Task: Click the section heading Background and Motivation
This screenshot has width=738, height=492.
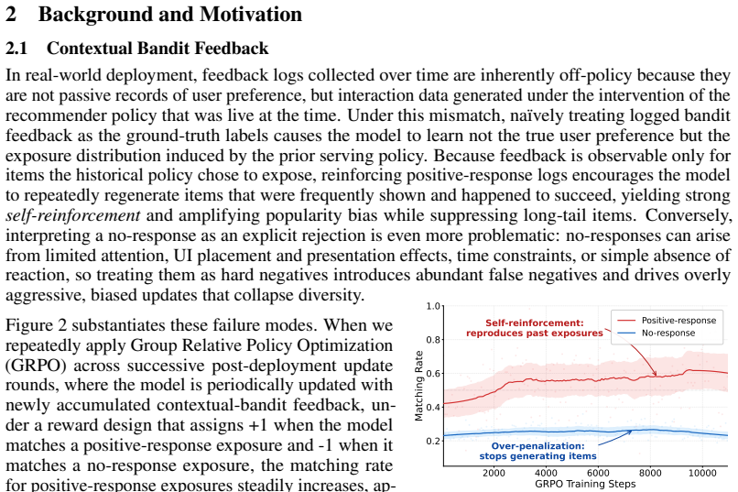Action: [x=170, y=14]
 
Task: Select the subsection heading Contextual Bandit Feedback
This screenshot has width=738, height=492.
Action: [x=157, y=49]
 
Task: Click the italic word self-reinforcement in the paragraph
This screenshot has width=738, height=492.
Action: [x=73, y=215]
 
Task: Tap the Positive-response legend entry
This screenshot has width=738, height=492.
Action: [x=667, y=320]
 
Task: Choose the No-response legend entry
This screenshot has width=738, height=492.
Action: [x=657, y=333]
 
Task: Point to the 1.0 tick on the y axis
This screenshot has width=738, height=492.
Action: [x=433, y=307]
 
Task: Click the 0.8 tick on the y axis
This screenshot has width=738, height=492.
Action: [x=433, y=340]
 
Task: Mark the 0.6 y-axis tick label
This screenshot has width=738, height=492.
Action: [x=433, y=374]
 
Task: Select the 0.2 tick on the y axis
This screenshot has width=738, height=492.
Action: [x=433, y=442]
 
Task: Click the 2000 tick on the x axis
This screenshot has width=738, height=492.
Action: [x=494, y=473]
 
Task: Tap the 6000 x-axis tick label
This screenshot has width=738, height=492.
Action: [x=598, y=473]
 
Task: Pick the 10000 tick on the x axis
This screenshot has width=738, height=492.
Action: [x=702, y=473]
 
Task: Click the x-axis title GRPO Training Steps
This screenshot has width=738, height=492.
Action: [x=585, y=484]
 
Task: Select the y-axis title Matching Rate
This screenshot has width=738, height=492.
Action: [x=418, y=386]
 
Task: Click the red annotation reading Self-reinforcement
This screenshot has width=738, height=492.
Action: [x=534, y=323]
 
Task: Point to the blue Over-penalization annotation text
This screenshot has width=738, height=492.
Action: [x=537, y=446]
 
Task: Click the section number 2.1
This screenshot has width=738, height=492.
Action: [x=16, y=49]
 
